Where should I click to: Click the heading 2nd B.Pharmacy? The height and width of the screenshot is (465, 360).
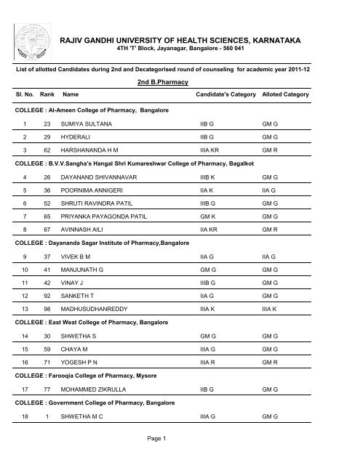tap(180, 84)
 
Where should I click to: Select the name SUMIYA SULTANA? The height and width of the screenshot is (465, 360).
tap(86, 125)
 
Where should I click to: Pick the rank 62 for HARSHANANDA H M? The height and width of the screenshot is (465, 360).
tap(47, 166)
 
